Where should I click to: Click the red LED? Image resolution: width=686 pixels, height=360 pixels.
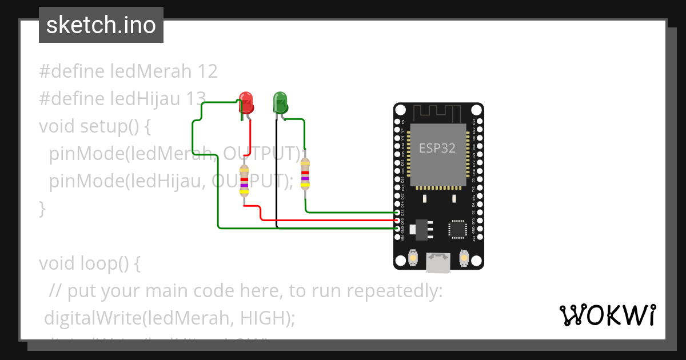click(246, 103)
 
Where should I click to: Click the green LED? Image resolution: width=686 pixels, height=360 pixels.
click(280, 103)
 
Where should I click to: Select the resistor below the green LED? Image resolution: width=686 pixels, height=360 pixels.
click(305, 174)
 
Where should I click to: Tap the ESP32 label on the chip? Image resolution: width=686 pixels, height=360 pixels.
click(437, 148)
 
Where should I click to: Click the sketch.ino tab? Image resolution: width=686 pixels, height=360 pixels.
click(101, 25)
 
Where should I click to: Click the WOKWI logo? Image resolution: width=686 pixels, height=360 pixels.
click(607, 315)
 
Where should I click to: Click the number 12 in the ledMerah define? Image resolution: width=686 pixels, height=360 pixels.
click(208, 71)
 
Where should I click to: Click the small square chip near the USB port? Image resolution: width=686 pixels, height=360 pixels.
click(457, 229)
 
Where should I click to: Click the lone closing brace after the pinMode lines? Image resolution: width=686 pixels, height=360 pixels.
click(42, 209)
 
